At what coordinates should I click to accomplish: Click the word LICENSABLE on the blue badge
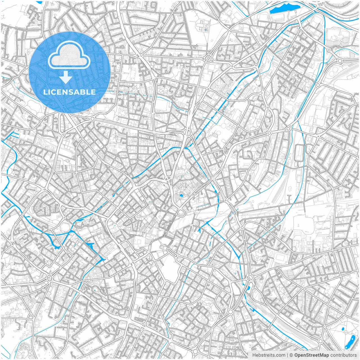[69, 92]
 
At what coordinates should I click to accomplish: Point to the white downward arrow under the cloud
[66, 77]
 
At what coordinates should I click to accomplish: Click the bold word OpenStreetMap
[312, 355]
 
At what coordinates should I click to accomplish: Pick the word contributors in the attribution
[343, 355]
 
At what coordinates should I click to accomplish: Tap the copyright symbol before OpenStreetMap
[291, 355]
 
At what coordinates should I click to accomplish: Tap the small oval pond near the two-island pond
[343, 329]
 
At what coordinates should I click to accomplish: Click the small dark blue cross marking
[206, 29]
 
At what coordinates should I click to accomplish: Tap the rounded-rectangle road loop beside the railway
[299, 153]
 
